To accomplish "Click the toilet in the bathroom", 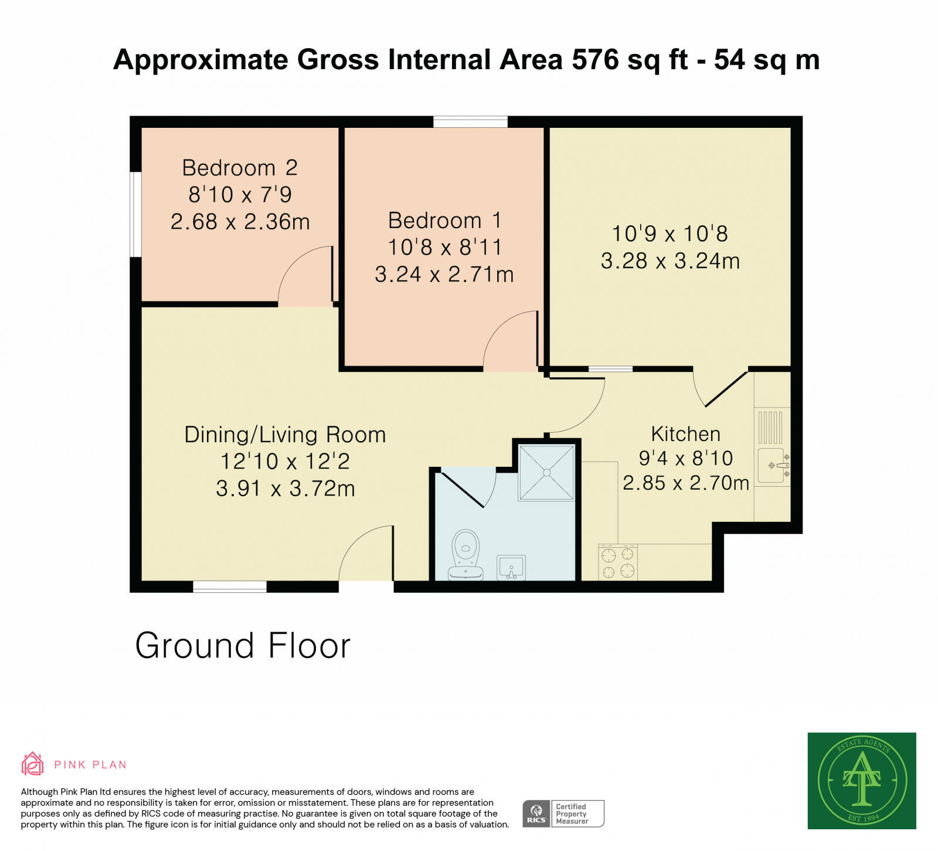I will tap(465, 554).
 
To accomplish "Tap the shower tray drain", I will tap(546, 472).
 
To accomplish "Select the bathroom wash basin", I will tap(511, 568).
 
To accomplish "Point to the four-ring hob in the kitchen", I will tap(618, 562).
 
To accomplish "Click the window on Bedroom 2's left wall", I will tap(136, 214).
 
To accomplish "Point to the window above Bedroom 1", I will tap(470, 122).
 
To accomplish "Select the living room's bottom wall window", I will tap(230, 586).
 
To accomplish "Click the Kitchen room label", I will tap(685, 434).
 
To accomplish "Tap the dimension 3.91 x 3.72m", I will tap(286, 489).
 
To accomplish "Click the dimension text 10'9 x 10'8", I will tap(669, 234).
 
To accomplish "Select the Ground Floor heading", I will tap(243, 646).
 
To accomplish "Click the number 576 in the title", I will tap(595, 59).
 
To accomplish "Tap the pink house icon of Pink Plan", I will tap(33, 764).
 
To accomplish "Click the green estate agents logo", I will tap(861, 781).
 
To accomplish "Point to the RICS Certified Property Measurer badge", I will tap(563, 813).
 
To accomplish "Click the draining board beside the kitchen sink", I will tap(770, 427).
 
